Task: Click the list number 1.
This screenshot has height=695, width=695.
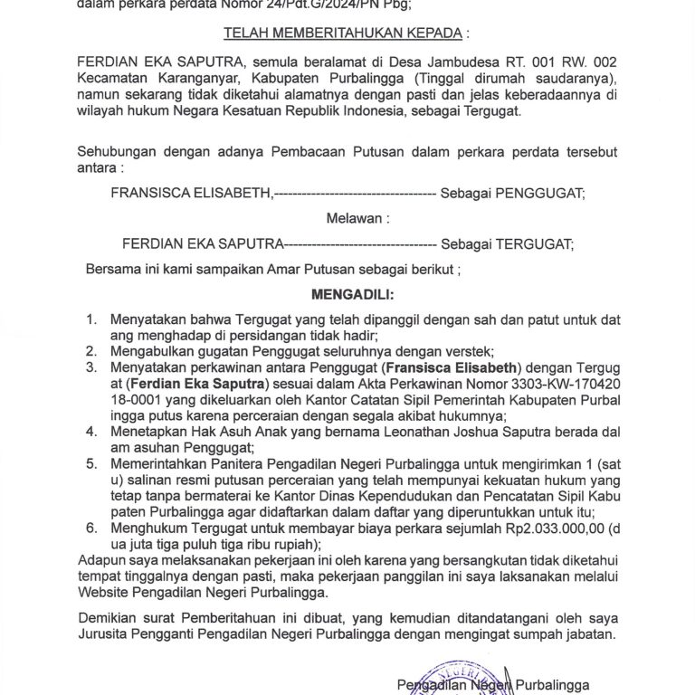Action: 90,320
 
